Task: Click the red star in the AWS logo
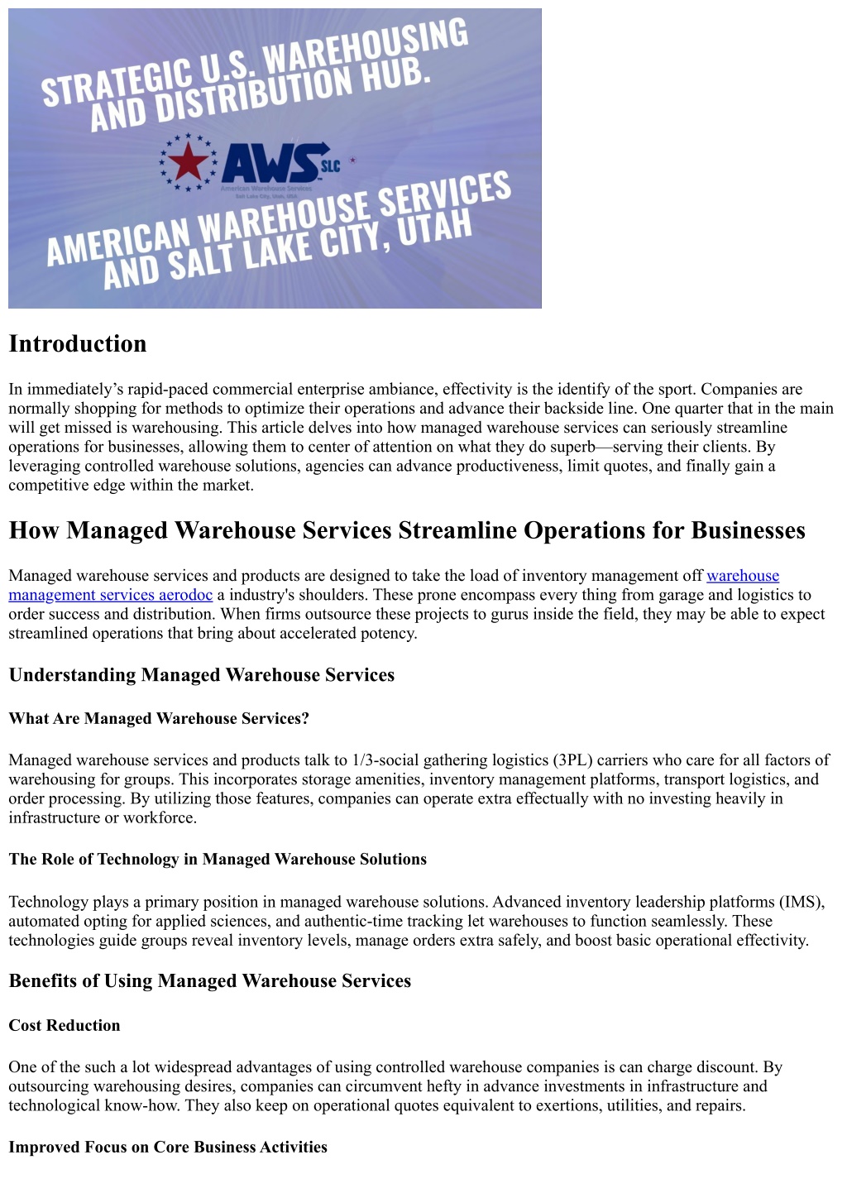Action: (x=188, y=162)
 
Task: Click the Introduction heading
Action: (x=78, y=344)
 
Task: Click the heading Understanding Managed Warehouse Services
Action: (x=202, y=675)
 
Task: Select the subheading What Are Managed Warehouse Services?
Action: (x=159, y=719)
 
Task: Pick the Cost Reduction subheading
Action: (x=65, y=1026)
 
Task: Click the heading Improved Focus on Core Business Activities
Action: (x=168, y=1148)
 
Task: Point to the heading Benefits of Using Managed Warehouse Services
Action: (x=210, y=981)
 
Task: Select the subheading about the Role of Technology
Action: (x=218, y=860)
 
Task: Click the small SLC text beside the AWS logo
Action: (x=330, y=165)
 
